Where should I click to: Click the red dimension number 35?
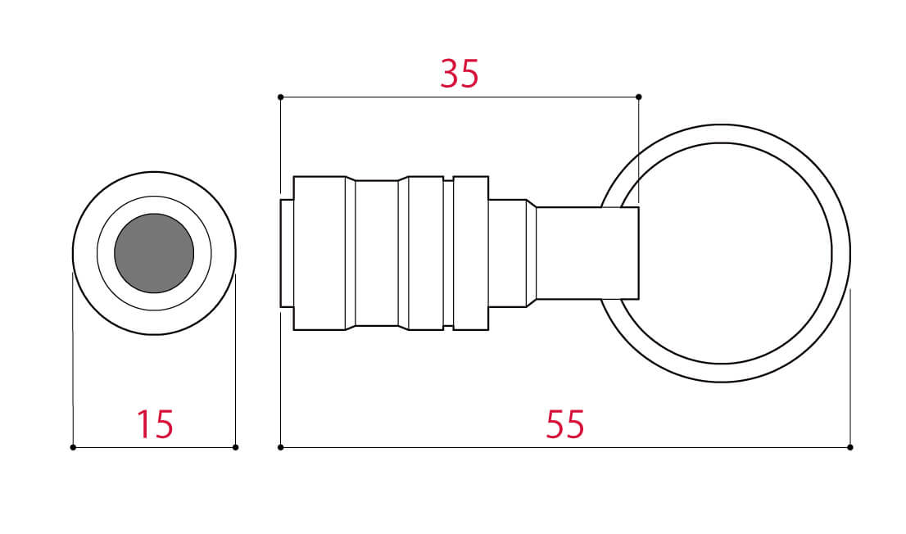pyautogui.click(x=460, y=74)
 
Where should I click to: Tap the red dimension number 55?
pyautogui.click(x=565, y=424)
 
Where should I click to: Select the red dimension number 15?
pyautogui.click(x=155, y=424)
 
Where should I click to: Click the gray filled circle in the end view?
pyautogui.click(x=154, y=253)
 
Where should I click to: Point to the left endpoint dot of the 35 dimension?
pyautogui.click(x=280, y=97)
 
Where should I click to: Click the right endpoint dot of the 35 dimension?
pyautogui.click(x=638, y=97)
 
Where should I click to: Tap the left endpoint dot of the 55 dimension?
pyautogui.click(x=280, y=447)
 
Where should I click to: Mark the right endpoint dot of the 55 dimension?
pyautogui.click(x=850, y=447)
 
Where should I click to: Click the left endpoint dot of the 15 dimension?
pyautogui.click(x=73, y=447)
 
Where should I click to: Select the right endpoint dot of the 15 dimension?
pyautogui.click(x=235, y=447)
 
